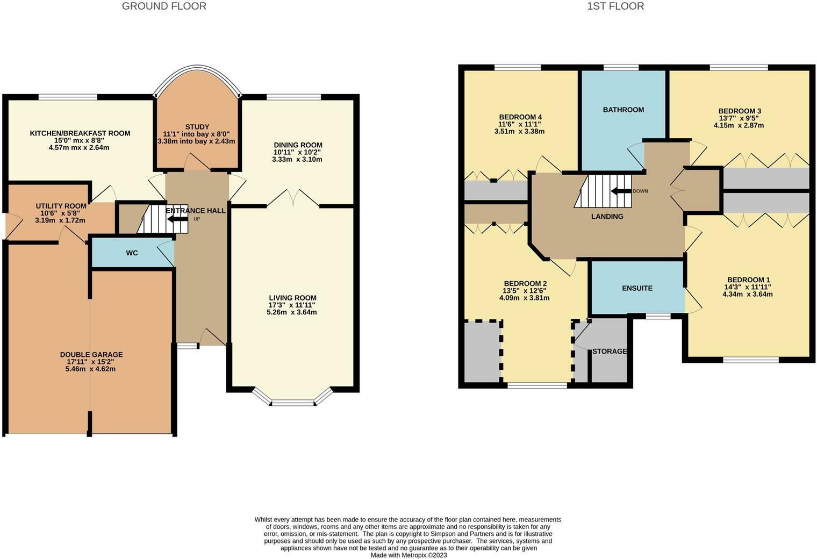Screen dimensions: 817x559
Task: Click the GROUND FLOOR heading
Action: point(164,6)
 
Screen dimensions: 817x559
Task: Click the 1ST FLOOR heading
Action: point(615,6)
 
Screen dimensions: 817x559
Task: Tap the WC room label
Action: point(132,253)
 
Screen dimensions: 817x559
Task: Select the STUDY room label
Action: point(197,127)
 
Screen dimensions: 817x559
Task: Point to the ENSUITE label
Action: point(637,288)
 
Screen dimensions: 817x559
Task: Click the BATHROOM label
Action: point(623,110)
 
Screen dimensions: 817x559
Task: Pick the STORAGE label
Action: point(610,351)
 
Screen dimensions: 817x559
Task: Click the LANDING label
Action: point(607,217)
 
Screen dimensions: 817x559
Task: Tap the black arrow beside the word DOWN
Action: point(621,191)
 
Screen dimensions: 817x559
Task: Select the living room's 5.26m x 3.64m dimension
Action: point(292,312)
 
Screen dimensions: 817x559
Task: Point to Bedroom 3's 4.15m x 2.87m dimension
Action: point(739,125)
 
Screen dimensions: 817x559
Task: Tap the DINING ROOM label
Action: point(298,145)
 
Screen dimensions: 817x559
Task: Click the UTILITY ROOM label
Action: point(61,206)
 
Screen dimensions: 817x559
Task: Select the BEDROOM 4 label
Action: point(520,117)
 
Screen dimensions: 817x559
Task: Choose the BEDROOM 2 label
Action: point(525,284)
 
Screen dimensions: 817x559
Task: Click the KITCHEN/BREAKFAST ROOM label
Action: point(80,133)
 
